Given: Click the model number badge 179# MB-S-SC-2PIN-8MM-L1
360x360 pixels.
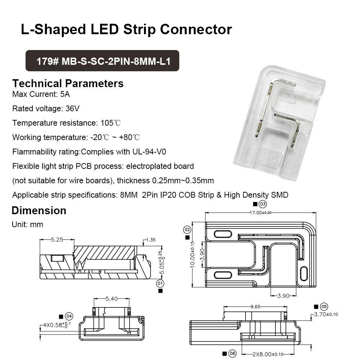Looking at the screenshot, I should tap(102, 61).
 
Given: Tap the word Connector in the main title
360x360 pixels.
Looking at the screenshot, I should tap(196, 29).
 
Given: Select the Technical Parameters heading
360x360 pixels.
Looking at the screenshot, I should tap(68, 84).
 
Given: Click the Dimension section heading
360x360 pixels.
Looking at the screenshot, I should tap(39, 211).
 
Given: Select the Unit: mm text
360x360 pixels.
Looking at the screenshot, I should tap(28, 225).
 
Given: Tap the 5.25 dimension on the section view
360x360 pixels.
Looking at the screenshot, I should tap(57, 239).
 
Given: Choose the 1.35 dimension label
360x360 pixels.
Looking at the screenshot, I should tap(151, 240).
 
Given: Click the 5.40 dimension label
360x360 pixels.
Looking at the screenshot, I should tap(111, 299).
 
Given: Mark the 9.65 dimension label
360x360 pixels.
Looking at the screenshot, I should tap(255, 307).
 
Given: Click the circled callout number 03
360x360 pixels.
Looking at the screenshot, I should tap(263, 204).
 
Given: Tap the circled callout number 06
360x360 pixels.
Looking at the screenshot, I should tap(232, 354).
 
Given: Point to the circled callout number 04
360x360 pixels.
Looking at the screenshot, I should tap(69, 317).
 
